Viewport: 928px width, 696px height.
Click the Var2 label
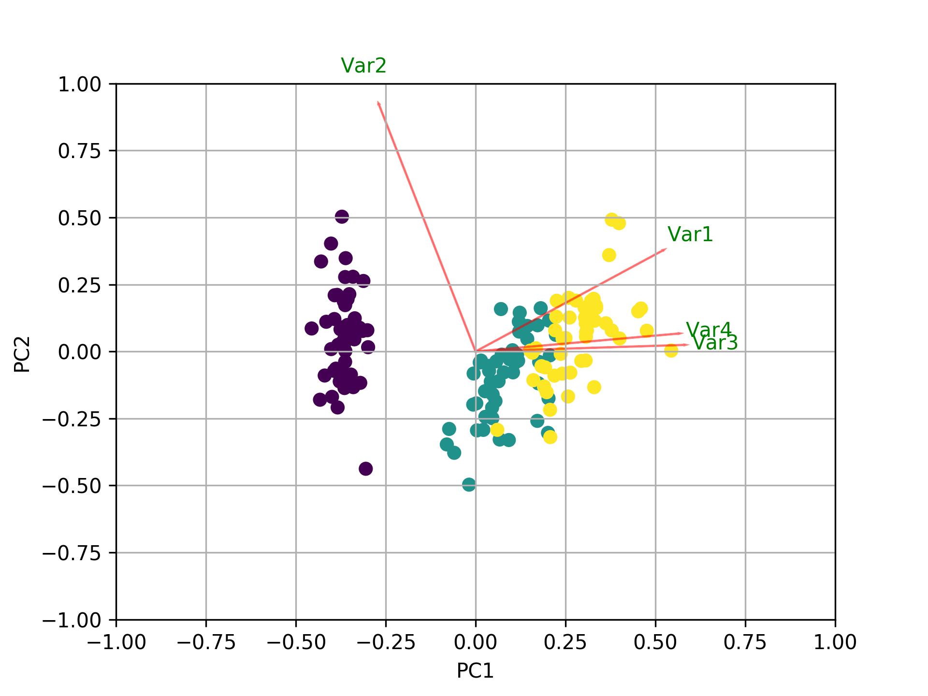click(x=363, y=66)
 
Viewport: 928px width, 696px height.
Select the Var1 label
click(x=690, y=234)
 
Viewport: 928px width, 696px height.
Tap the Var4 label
click(x=709, y=330)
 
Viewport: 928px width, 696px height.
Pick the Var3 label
click(x=715, y=343)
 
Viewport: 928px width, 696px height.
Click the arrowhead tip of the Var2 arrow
click(x=378, y=101)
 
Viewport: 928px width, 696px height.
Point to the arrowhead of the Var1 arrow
click(x=666, y=249)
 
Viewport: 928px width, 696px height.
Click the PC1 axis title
click(x=475, y=671)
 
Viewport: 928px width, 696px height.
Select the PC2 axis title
click(x=22, y=354)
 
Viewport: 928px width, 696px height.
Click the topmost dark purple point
click(x=342, y=217)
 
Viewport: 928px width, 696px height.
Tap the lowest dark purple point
click(x=365, y=468)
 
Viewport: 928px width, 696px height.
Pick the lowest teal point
click(x=469, y=484)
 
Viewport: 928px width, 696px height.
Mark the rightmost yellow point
click(x=671, y=350)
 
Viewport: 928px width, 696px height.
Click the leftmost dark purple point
click(x=312, y=329)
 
